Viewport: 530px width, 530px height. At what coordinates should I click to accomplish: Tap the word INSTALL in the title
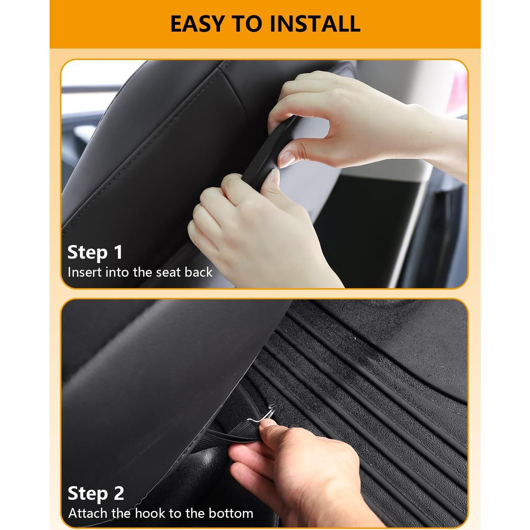click(x=315, y=24)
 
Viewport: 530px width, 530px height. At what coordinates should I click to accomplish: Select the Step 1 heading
click(x=95, y=252)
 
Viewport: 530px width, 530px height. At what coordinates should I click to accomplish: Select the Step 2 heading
click(x=96, y=493)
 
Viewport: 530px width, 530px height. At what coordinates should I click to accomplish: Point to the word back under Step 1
click(x=198, y=272)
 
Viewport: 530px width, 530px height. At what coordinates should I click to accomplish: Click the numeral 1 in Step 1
click(x=118, y=252)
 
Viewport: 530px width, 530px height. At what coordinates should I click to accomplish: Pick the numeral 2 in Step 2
click(x=119, y=493)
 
